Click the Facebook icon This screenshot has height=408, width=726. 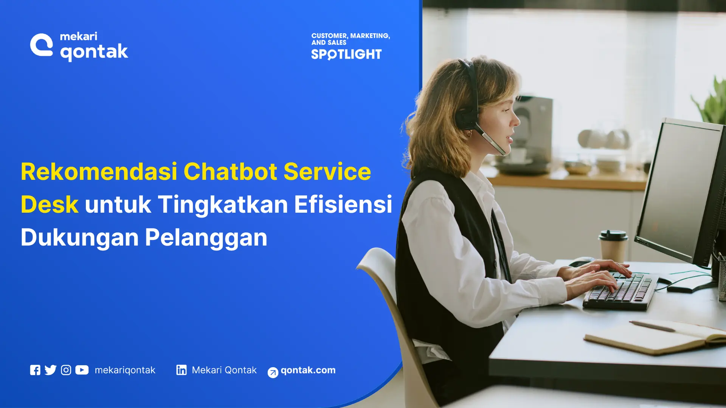pyautogui.click(x=35, y=370)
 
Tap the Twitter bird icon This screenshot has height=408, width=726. pyautogui.click(x=50, y=370)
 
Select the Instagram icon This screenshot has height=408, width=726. pyautogui.click(x=66, y=370)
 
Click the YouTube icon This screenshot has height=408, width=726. pyautogui.click(x=82, y=370)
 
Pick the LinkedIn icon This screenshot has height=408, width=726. pyautogui.click(x=181, y=370)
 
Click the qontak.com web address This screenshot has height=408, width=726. pyautogui.click(x=308, y=370)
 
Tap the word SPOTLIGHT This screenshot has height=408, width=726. pyautogui.click(x=346, y=54)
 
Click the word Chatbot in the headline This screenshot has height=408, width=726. pyautogui.click(x=230, y=172)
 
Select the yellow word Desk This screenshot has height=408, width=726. pyautogui.click(x=50, y=204)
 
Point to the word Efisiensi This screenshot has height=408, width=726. pyautogui.click(x=343, y=204)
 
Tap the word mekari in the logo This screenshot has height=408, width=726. pyautogui.click(x=79, y=36)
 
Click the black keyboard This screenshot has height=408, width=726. pyautogui.click(x=620, y=291)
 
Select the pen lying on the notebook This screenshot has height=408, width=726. pyautogui.click(x=652, y=326)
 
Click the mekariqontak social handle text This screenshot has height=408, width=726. pyautogui.click(x=125, y=370)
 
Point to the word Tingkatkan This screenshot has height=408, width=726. pyautogui.click(x=222, y=204)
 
